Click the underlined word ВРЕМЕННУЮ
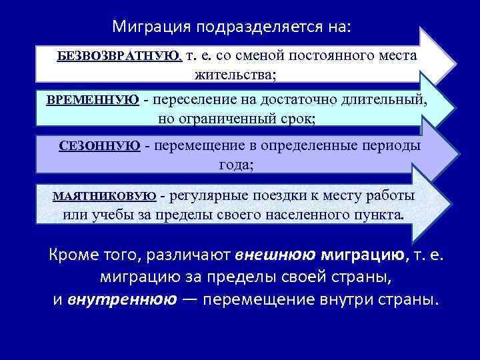[x=93, y=100]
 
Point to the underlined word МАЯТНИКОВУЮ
[x=104, y=196]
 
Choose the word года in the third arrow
[x=235, y=165]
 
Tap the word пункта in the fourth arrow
[x=381, y=215]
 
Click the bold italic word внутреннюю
[x=122, y=299]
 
